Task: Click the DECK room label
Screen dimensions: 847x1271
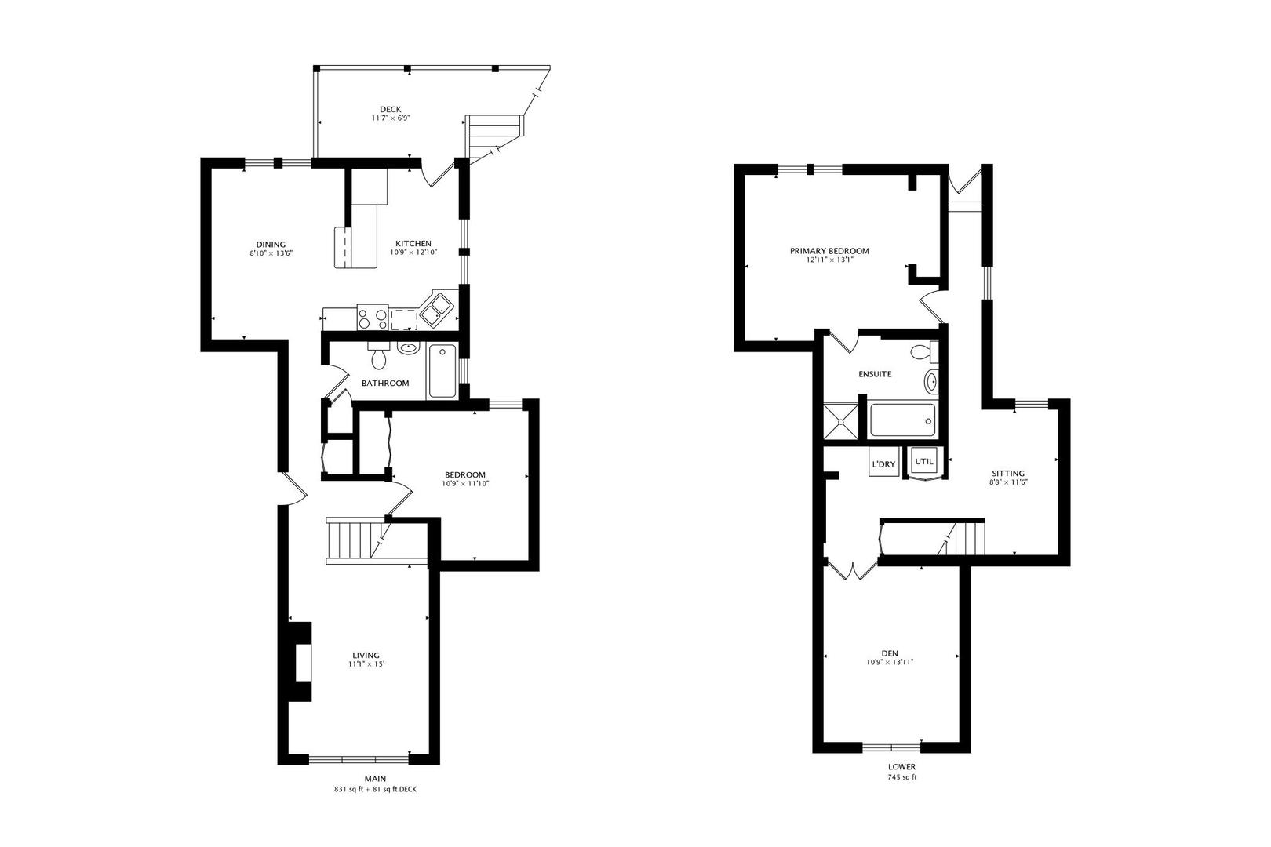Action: coord(391,109)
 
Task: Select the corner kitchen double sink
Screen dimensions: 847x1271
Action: coord(435,309)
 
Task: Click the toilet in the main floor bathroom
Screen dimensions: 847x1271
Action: coord(379,358)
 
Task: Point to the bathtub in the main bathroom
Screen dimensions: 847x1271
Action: coord(442,372)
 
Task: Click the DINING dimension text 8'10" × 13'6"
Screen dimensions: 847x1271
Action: coord(271,253)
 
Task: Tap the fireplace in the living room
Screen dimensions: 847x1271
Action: coord(299,662)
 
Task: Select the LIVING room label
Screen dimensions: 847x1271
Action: coord(366,655)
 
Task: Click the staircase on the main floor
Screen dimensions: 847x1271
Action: coord(352,540)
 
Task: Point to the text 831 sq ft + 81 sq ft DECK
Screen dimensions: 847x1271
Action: coord(375,790)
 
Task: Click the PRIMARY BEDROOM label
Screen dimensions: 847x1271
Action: coord(829,251)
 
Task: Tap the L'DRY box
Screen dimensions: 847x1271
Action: coord(883,463)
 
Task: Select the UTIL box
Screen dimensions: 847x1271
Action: coord(924,461)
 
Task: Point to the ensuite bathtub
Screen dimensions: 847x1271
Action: coord(902,420)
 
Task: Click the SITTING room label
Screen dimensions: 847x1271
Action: coord(1008,473)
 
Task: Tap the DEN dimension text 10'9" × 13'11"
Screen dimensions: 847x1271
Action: coord(890,662)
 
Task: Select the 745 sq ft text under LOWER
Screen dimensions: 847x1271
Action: coord(901,778)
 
